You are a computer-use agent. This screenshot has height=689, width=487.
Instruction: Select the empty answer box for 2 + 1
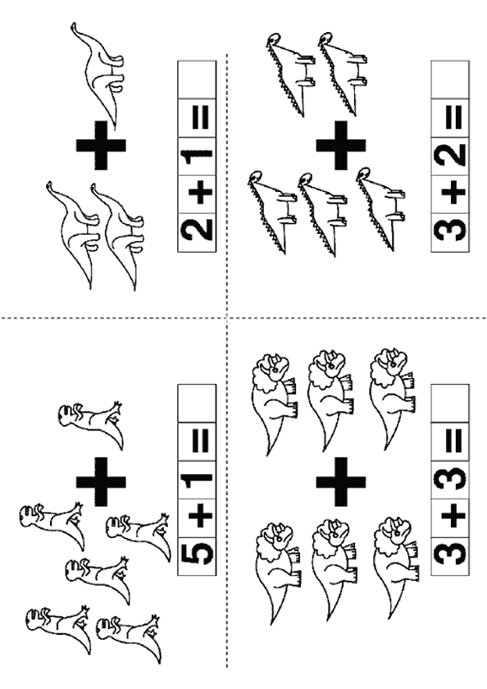pyautogui.click(x=197, y=80)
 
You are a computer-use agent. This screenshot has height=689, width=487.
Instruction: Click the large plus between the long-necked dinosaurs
pyautogui.click(x=101, y=145)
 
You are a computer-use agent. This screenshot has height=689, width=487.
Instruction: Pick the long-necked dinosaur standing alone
pyautogui.click(x=99, y=75)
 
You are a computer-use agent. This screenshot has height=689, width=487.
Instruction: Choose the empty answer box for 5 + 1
pyautogui.click(x=197, y=403)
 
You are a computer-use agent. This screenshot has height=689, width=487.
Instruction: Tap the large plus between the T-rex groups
pyautogui.click(x=101, y=481)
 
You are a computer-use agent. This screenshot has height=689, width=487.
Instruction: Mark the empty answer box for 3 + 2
pyautogui.click(x=450, y=80)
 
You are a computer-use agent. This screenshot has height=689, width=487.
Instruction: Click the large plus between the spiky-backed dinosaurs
pyautogui.click(x=340, y=145)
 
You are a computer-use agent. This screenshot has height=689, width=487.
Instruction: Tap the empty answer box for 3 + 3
pyautogui.click(x=450, y=403)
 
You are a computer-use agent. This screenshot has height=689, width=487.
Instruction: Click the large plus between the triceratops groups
pyautogui.click(x=340, y=481)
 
